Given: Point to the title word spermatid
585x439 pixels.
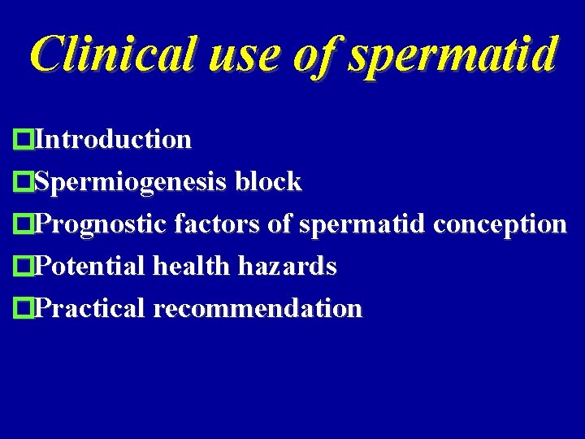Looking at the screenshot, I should tap(451, 55).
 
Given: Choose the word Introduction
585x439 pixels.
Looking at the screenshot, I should tap(114, 140).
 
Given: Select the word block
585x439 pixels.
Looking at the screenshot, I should tap(267, 182).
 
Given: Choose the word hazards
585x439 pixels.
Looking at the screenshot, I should tap(286, 266).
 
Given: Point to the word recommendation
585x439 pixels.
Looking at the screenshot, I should tap(257, 309).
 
